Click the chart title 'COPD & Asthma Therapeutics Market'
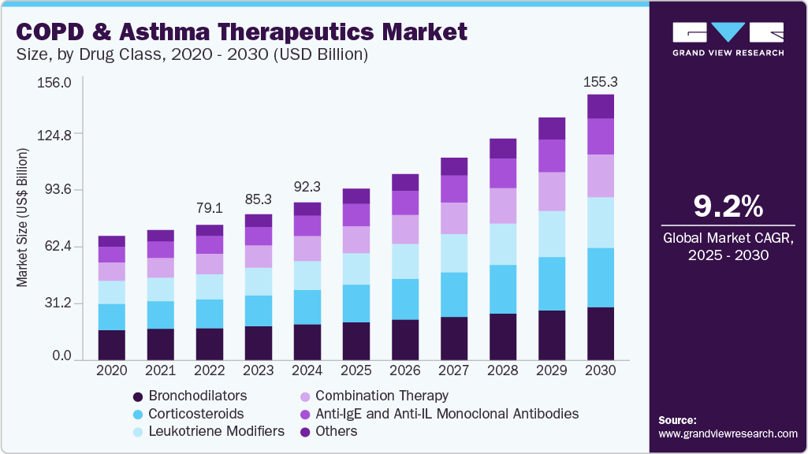[242, 32]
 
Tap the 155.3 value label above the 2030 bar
[600, 82]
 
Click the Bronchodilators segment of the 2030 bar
[600, 333]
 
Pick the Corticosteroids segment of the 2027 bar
[453, 295]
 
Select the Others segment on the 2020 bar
[111, 241]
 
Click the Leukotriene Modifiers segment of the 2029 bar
[551, 234]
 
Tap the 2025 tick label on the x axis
[356, 370]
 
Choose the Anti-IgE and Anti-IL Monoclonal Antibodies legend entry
[446, 414]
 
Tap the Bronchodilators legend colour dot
[139, 396]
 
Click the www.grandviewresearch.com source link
[727, 434]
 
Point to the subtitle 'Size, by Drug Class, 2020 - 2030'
[192, 55]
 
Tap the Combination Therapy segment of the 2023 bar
[258, 256]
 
